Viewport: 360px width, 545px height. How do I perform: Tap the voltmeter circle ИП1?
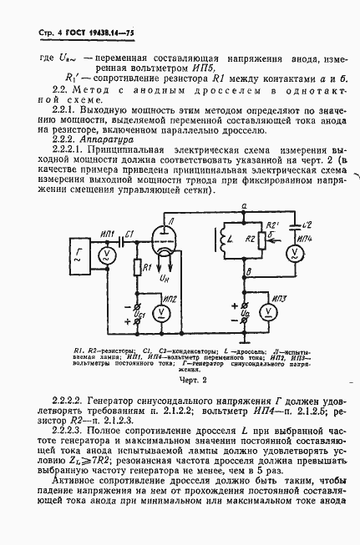tap(105, 253)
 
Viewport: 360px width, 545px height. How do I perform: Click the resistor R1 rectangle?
tap(137, 267)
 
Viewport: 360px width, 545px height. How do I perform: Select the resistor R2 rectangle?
tap(261, 243)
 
